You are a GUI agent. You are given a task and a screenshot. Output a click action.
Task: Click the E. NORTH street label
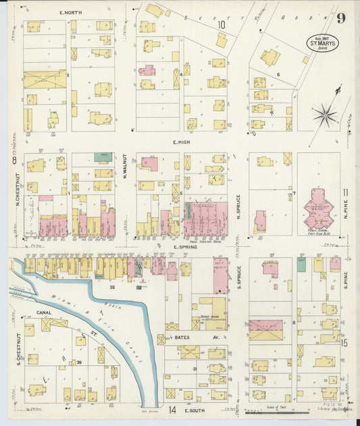click(x=70, y=13)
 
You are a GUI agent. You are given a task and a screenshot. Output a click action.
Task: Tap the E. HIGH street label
click(x=183, y=142)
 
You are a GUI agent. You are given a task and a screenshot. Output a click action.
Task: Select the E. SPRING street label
click(x=184, y=246)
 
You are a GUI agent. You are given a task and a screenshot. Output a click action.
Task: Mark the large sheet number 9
click(x=342, y=18)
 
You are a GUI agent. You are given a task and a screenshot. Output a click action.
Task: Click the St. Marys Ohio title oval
click(x=324, y=42)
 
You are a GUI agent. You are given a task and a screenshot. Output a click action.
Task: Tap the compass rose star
click(x=324, y=115)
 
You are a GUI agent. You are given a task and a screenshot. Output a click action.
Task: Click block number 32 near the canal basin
click(x=113, y=286)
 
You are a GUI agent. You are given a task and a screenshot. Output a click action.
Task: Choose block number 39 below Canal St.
click(x=79, y=363)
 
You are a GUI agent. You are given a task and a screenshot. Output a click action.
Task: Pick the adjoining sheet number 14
click(x=172, y=410)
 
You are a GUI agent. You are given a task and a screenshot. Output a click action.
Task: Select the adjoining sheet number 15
click(x=344, y=343)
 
